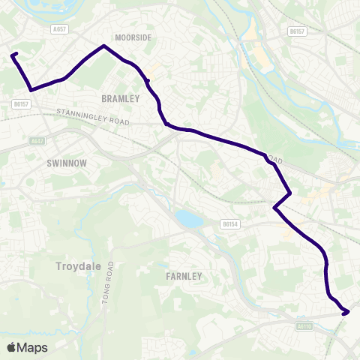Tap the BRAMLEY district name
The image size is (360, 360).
pos(120,98)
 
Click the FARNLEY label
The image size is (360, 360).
pos(184,276)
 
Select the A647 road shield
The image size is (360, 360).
pos(37,141)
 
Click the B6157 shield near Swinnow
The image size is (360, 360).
pos(21,104)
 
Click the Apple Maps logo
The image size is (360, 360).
pos(27,347)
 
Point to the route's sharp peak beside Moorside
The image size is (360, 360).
pos(103,46)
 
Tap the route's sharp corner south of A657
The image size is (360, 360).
pos(31,90)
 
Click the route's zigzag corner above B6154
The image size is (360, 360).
pos(289,193)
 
